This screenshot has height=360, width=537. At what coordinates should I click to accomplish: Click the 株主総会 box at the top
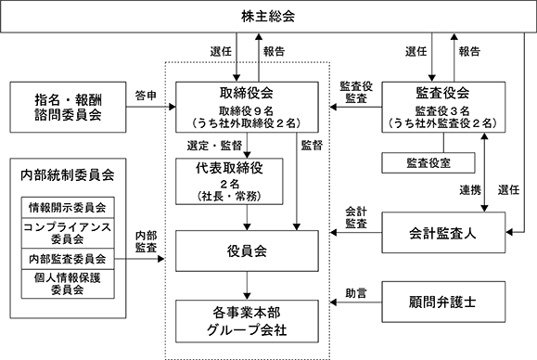(268, 17)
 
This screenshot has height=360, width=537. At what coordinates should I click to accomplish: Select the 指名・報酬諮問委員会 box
(68, 107)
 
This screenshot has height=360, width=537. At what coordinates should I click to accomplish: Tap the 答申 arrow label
(146, 96)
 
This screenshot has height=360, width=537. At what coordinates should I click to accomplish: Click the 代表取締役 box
(229, 181)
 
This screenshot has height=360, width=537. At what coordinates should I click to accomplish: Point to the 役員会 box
(247, 251)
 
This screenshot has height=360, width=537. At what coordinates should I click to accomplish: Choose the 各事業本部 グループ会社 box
(247, 321)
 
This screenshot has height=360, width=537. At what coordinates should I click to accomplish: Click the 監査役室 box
(428, 162)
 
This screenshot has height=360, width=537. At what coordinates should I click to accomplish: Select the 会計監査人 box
(443, 233)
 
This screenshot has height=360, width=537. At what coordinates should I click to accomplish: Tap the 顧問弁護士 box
(443, 302)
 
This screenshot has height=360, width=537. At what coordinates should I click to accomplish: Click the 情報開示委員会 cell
(68, 207)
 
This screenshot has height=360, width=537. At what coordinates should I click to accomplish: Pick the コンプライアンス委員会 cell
(68, 233)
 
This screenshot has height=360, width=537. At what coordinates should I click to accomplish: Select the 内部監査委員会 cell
(68, 259)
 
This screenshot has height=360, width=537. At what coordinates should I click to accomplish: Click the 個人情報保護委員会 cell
(68, 284)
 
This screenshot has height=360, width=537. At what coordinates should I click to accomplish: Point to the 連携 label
(470, 189)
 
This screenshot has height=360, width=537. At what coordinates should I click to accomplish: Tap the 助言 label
(356, 293)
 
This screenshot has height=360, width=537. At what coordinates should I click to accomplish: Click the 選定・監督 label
(214, 146)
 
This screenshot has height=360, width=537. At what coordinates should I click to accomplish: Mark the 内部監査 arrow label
(146, 241)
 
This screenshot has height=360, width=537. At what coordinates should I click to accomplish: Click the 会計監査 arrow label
(356, 217)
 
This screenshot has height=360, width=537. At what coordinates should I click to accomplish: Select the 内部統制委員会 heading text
(68, 175)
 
